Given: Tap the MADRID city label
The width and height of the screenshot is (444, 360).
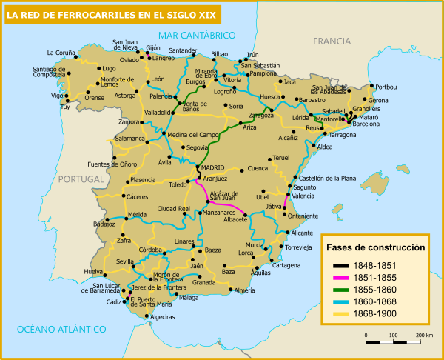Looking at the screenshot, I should coord(212,168).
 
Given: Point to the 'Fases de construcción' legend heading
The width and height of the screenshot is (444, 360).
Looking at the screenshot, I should coord(377,247).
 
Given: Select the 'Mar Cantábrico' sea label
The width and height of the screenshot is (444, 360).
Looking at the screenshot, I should coord(196,35).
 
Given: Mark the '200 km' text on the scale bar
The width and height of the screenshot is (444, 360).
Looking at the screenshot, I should coord(424,336).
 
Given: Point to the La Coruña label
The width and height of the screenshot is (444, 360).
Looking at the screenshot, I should coord(61,53).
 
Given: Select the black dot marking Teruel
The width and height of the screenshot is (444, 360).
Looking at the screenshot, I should coord(268,158).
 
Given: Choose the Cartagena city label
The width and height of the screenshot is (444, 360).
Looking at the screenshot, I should coord(286,265).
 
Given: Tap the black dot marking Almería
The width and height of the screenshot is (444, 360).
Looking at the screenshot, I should coord(230,290).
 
